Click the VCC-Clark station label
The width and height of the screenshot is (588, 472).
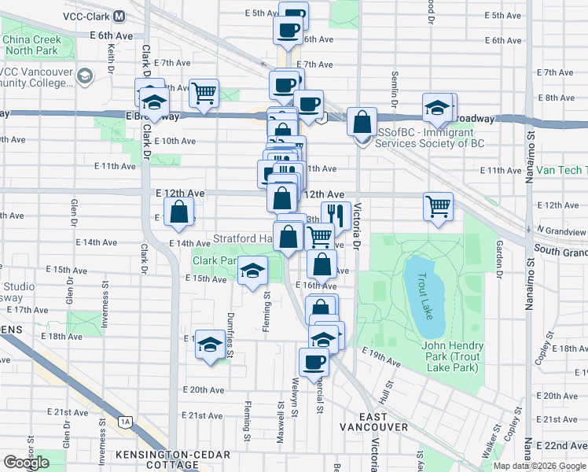pyautogui.click(x=90, y=17)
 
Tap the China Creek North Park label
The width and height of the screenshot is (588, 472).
pyautogui.click(x=31, y=46)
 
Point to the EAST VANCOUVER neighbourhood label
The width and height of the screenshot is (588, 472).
pyautogui.click(x=373, y=421)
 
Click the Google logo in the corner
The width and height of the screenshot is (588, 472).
pyautogui.click(x=26, y=463)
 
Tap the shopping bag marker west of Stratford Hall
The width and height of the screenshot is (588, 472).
pyautogui.click(x=180, y=212)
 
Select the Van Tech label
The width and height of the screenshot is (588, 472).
pyautogui.click(x=560, y=170)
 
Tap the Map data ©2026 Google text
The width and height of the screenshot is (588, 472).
pyautogui.click(x=539, y=466)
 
